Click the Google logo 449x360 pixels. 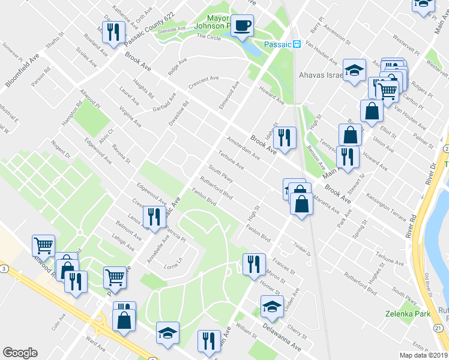point(20,353)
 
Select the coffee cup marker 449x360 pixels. point(243,26)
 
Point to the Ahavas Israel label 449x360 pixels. point(321,76)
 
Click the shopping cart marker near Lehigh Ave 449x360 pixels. point(115,277)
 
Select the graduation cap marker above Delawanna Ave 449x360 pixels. point(273,307)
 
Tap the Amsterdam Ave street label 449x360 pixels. point(244,148)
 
